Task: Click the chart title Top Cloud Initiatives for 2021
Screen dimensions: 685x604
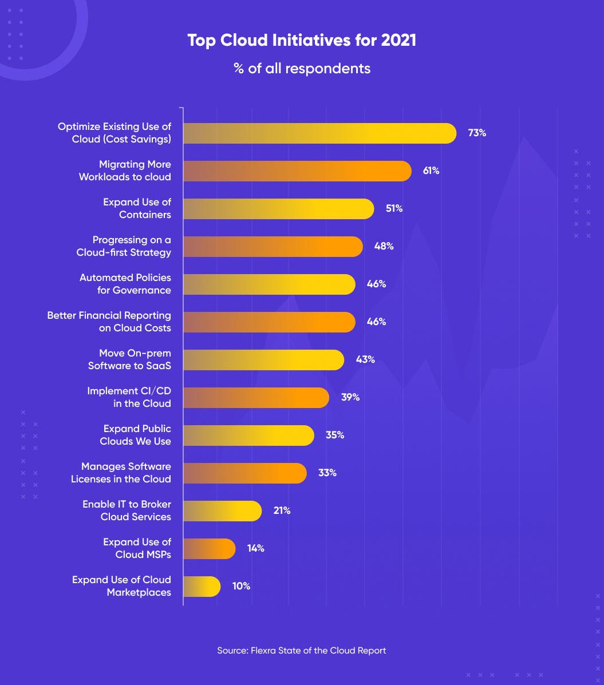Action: click(302, 41)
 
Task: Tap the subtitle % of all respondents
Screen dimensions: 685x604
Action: click(302, 69)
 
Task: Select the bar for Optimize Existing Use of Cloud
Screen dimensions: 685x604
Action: click(319, 133)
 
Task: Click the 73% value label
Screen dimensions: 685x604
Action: click(477, 133)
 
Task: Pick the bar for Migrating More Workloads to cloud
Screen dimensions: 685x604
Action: click(297, 171)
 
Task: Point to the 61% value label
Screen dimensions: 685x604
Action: click(431, 171)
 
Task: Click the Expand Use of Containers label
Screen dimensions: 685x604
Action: click(137, 208)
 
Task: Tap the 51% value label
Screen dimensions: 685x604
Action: click(394, 209)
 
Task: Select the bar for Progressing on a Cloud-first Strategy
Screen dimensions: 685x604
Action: click(273, 247)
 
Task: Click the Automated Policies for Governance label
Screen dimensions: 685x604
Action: click(125, 284)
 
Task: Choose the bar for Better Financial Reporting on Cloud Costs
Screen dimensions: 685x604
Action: click(269, 322)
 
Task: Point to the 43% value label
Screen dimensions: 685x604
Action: click(365, 360)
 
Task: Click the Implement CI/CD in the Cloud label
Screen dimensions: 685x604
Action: click(129, 397)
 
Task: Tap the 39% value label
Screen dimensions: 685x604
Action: click(350, 398)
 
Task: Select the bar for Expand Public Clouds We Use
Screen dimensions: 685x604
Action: click(248, 435)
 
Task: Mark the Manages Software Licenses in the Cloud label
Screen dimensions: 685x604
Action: click(121, 473)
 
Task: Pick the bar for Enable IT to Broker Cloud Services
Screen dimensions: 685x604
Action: click(222, 511)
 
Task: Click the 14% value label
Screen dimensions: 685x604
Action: click(255, 549)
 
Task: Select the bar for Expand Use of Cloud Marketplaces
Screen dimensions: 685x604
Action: click(202, 587)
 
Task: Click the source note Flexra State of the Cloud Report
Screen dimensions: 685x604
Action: click(302, 651)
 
